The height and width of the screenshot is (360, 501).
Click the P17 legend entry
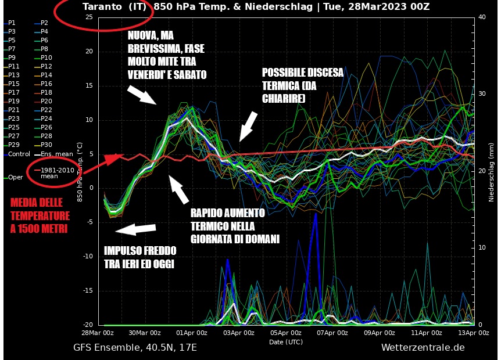(x=13, y=92)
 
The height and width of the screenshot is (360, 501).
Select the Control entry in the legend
(x=19, y=154)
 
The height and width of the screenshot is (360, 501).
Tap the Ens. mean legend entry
(x=54, y=154)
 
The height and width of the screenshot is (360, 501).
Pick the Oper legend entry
(x=15, y=177)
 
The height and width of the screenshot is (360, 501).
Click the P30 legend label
(x=46, y=145)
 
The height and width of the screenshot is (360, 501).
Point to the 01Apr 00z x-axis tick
(x=191, y=333)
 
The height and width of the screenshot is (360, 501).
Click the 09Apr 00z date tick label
(x=380, y=333)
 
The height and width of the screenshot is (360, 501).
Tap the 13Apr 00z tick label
(x=474, y=333)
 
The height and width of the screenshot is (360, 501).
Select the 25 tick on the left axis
(x=88, y=17)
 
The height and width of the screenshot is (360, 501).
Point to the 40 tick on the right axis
(x=481, y=17)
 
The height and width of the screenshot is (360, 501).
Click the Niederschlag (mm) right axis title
(x=491, y=171)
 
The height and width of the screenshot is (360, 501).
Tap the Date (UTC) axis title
(x=285, y=342)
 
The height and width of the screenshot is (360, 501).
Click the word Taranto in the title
(x=102, y=7)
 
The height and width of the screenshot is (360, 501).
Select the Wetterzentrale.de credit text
(x=423, y=348)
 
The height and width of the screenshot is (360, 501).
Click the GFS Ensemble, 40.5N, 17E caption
(x=135, y=348)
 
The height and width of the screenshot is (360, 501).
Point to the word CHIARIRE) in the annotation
(x=283, y=99)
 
